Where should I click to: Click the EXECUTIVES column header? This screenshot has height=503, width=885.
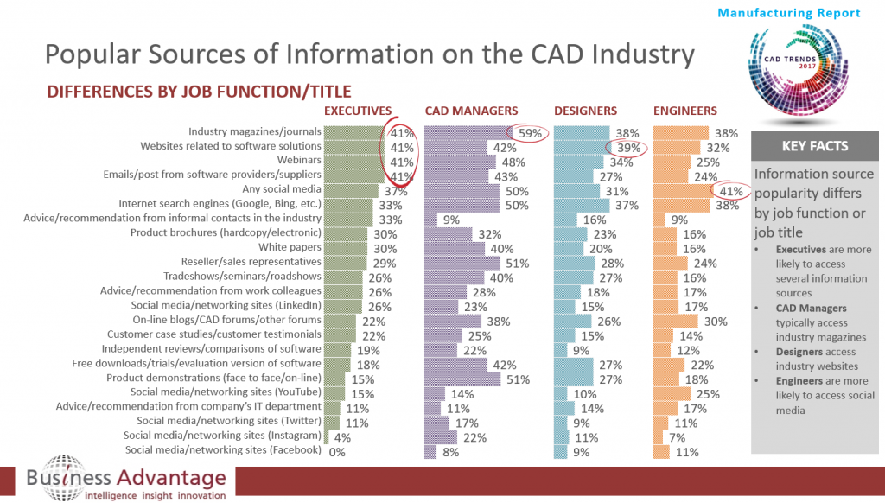click(362, 111)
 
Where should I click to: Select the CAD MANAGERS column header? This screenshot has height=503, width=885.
click(471, 111)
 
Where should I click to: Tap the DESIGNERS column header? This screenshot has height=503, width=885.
click(585, 111)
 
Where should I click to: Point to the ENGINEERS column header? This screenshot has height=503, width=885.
click(685, 111)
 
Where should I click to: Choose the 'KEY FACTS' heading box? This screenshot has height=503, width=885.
click(815, 146)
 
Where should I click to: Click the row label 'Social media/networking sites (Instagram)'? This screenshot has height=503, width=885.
click(222, 436)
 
